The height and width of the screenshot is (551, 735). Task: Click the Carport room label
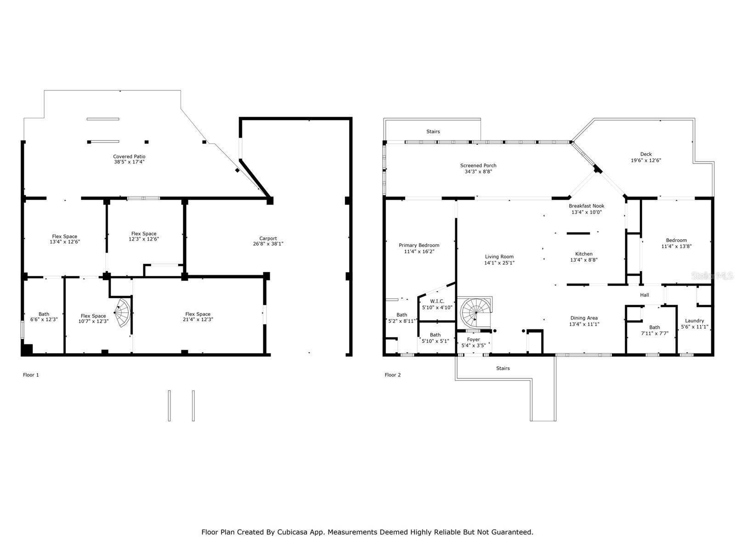pos(268,238)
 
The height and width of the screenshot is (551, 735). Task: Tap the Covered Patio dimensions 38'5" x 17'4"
pos(129,162)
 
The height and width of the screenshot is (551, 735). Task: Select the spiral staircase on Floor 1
pos(123,313)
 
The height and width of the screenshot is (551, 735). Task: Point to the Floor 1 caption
pos(31,375)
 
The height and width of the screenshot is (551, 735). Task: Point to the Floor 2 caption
pos(392,375)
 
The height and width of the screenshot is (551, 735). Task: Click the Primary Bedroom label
pos(418,245)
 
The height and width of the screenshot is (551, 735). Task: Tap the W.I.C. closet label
pos(437,301)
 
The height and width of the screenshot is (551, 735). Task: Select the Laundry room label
pos(694,321)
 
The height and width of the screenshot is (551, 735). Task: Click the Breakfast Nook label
pos(586,206)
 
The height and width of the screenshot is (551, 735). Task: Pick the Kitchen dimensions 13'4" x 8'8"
pos(583,260)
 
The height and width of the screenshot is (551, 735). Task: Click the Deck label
pos(645,154)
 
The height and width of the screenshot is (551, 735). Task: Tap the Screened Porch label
pos(478,166)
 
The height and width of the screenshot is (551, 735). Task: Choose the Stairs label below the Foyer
pos(503,368)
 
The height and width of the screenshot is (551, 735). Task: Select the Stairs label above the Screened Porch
pos(433,132)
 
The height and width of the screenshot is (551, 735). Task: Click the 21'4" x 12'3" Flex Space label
pos(198,320)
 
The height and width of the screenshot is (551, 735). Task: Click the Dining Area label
pos(583,318)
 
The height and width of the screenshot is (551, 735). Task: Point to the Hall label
pos(644,295)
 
